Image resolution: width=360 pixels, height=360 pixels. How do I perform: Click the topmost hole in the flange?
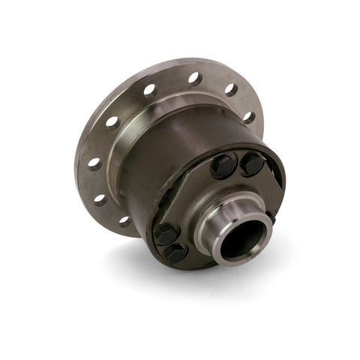193,78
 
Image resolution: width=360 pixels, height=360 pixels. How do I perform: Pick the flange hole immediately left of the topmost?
149,91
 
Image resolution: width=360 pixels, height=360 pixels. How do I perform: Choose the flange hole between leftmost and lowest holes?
100,199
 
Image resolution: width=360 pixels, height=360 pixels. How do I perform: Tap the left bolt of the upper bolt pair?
223,166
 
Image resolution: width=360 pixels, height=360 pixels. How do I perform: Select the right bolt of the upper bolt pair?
251,163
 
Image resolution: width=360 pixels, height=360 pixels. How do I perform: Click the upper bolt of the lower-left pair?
166,232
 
